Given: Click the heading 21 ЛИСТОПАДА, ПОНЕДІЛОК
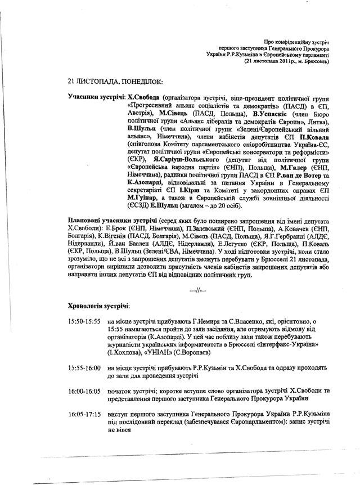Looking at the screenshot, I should point(109,81).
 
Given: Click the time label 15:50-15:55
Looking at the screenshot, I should point(84,321).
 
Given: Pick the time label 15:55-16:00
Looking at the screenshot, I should point(84,367).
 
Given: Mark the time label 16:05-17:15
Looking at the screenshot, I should point(84,414).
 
